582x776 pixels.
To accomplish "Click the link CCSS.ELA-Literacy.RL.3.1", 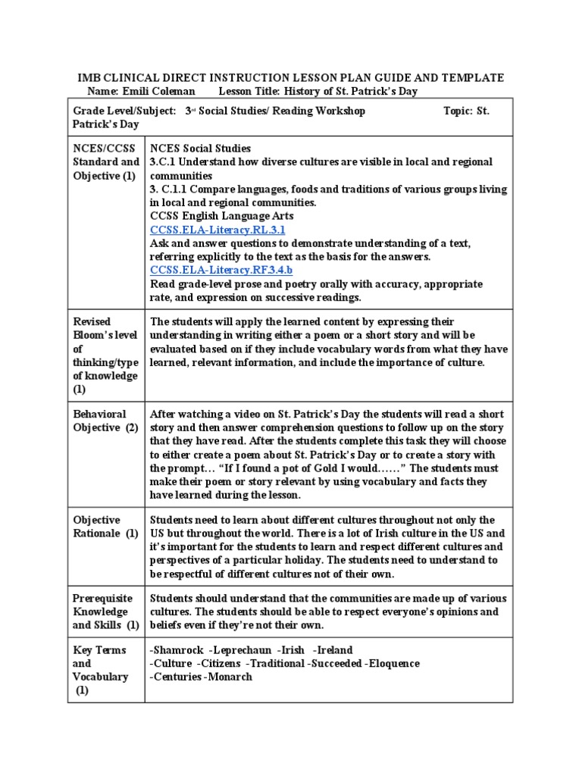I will coord(217,230).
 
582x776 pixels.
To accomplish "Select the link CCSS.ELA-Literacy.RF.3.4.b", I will coord(221,271).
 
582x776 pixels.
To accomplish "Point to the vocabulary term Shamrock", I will coord(178,650).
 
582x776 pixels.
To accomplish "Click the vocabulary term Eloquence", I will coord(394,664).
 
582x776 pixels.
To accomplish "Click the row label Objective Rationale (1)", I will coord(105,527).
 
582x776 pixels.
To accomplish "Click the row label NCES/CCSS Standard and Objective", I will coord(105,162).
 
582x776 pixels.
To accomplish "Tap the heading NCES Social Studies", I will coord(201,149).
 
